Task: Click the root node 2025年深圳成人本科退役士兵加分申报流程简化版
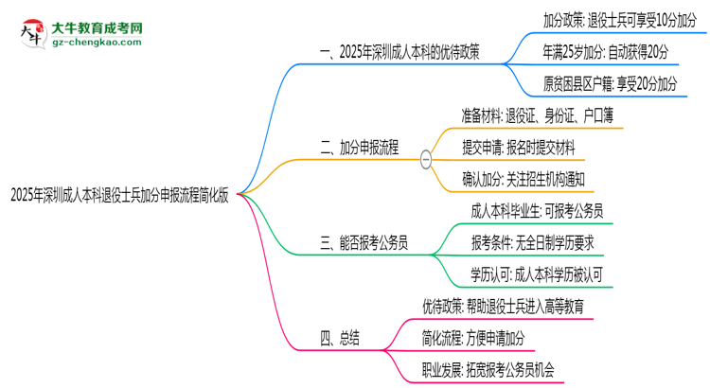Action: pos(119,196)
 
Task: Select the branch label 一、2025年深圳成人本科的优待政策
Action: pos(399,52)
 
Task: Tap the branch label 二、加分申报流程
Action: pos(360,148)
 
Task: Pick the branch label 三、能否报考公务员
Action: pos(364,243)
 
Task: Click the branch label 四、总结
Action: pos(340,338)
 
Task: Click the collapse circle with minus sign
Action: pos(426,159)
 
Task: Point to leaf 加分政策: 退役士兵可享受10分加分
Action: pos(620,21)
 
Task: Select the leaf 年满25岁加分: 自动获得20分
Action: pos(606,52)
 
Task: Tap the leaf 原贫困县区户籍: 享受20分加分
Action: pos(611,84)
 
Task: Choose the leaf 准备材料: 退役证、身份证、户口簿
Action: pos(538,115)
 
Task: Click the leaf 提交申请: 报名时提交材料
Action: pos(519,148)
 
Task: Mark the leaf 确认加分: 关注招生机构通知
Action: pos(524,180)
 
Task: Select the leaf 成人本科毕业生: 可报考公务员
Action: pos(537,211)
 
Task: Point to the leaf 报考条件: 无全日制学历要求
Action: pos(532,243)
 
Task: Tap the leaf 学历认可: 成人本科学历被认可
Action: pos(537,274)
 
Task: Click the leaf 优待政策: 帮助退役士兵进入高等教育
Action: pos(503,307)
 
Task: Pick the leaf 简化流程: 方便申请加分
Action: pos(473,338)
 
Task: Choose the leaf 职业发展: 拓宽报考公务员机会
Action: pos(488,370)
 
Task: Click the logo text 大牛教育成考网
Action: pos(97,28)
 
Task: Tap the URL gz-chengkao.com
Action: pos(97,42)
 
